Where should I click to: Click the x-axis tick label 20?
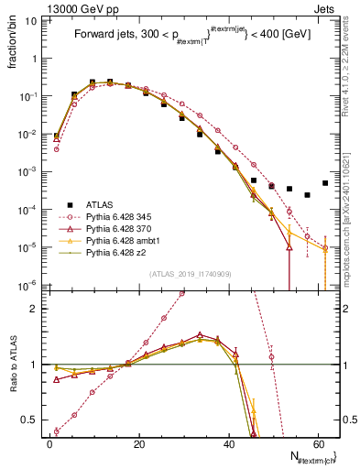(x=139, y=443)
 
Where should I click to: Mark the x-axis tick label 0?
(x=49, y=443)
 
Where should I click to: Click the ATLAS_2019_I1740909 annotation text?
(x=191, y=272)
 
